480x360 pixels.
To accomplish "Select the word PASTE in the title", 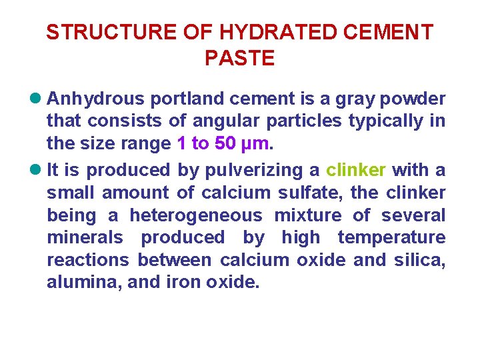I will click(239, 59).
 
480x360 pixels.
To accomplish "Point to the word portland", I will click(188, 99).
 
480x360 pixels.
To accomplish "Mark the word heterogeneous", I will click(196, 215).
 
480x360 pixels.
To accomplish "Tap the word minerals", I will click(85, 237).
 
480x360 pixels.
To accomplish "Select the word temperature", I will click(391, 237).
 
